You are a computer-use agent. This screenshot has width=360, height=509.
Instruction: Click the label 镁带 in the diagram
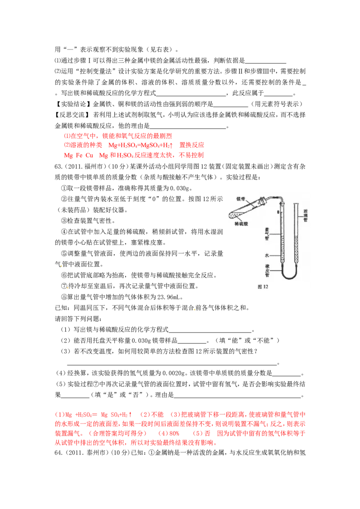241,198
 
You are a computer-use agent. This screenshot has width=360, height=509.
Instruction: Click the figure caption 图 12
262,286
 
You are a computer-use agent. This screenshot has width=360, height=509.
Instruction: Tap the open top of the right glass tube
296,205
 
